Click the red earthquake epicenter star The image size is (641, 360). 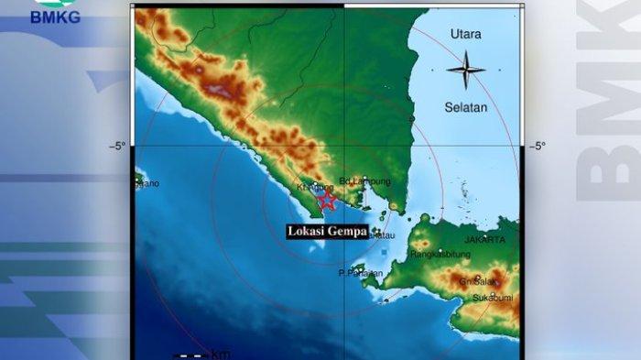[x=325, y=199]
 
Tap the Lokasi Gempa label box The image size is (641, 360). [x=327, y=232]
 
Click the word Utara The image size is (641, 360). [x=466, y=35]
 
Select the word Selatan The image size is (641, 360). [x=466, y=107]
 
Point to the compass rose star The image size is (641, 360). [x=466, y=69]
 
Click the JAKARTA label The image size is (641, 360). [x=484, y=240]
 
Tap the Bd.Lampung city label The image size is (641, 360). [x=359, y=181]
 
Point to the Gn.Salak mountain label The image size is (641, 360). [x=477, y=281]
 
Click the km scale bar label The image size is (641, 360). [x=221, y=354]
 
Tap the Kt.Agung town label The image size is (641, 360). [x=310, y=188]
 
